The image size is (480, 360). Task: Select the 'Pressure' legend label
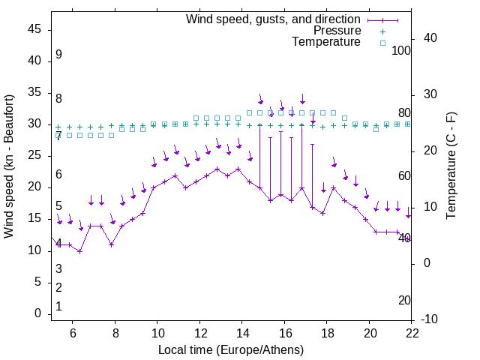(x=337, y=31)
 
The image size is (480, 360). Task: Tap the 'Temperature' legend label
(x=326, y=42)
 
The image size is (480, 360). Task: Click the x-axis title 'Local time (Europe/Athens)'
(x=231, y=350)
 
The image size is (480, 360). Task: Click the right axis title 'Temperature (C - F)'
(x=451, y=166)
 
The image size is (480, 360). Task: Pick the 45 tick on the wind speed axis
(x=35, y=29)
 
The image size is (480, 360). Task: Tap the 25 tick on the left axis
(x=35, y=155)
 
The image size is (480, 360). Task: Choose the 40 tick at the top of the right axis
(x=430, y=38)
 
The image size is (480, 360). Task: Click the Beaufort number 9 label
(x=58, y=55)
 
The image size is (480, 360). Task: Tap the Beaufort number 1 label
(x=58, y=307)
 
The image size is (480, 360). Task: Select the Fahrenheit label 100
(x=402, y=51)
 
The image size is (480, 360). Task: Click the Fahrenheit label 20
(x=404, y=301)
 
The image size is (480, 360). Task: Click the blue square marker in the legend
(x=382, y=43)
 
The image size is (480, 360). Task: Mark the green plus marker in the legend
(x=382, y=31)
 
